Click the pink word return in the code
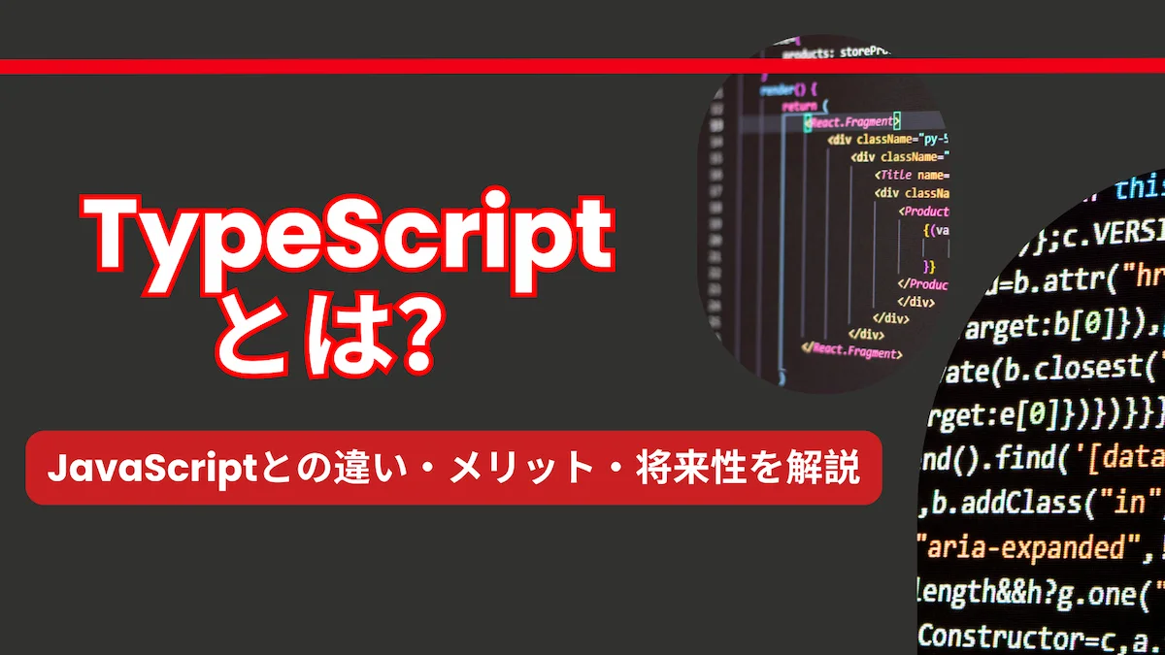tap(799, 105)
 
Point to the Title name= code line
tap(913, 175)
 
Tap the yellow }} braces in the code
tap(929, 266)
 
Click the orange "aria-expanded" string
tap(1029, 547)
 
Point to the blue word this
tap(1142, 187)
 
